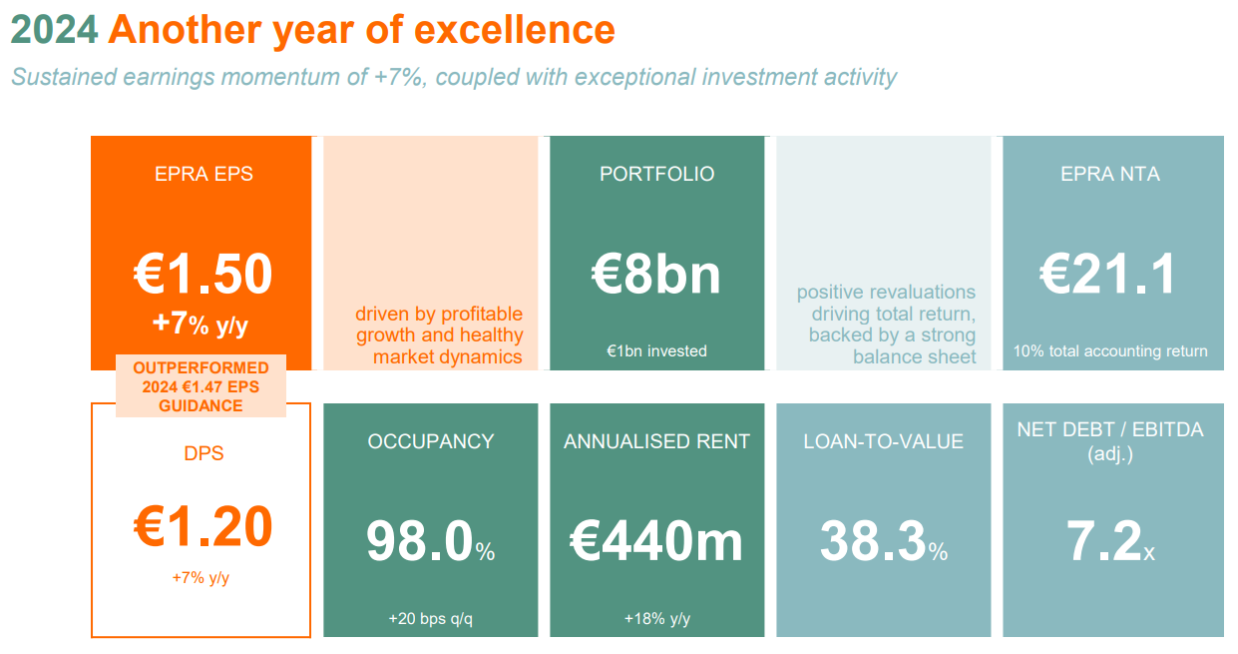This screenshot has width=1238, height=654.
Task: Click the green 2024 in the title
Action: click(54, 30)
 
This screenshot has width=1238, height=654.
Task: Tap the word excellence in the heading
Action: click(515, 30)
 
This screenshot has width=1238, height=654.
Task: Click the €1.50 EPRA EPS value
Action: click(203, 274)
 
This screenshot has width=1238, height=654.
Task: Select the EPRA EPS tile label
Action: click(204, 174)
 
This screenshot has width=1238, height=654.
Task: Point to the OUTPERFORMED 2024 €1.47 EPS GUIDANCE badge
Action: click(201, 386)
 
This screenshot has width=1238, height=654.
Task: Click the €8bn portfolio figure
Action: click(656, 274)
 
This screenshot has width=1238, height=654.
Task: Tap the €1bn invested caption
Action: click(656, 350)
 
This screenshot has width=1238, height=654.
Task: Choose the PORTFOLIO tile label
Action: click(656, 174)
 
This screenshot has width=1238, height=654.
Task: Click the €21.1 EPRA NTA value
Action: click(1108, 274)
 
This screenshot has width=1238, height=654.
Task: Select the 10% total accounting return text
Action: click(1109, 350)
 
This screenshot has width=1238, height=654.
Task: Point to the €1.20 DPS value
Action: click(203, 526)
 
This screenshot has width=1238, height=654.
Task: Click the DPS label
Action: click(204, 453)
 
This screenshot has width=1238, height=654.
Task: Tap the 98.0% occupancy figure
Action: click(430, 540)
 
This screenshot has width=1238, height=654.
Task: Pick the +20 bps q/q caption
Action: click(431, 618)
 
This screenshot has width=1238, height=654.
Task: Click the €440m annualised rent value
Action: click(656, 540)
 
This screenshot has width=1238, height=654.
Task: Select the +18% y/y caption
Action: click(657, 618)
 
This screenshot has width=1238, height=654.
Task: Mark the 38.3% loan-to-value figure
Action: click(883, 540)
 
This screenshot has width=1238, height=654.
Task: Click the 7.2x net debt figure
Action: click(1109, 540)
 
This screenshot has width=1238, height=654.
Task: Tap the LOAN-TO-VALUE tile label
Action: click(883, 441)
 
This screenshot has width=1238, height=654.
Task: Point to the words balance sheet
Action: click(914, 356)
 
